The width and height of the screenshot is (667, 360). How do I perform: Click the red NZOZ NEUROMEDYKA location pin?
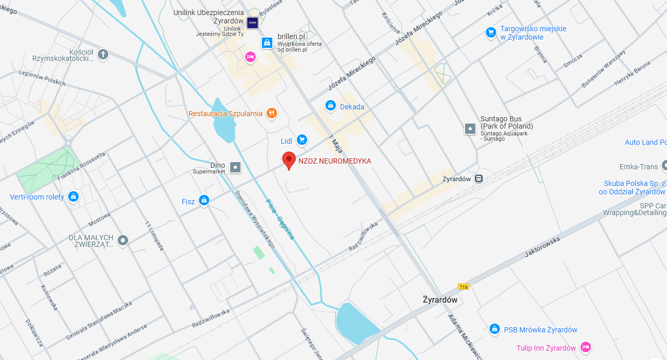tap(289, 160)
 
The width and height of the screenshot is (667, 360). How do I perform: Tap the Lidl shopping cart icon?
tap(301, 140)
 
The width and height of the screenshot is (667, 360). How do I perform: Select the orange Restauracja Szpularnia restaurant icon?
tap(271, 113)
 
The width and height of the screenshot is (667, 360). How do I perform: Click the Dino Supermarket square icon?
tap(236, 167)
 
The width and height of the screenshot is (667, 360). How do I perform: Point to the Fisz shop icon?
tap(204, 200)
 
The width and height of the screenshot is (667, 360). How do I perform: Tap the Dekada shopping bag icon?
tap(330, 106)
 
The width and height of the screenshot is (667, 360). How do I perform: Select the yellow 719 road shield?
tap(463, 287)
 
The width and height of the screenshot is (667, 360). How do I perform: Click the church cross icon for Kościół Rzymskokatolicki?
tap(103, 54)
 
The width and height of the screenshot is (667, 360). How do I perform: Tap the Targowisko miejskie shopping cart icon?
tap(490, 32)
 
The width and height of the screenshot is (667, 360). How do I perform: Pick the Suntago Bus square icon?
tap(470, 128)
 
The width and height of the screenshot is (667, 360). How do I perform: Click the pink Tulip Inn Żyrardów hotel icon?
tap(585, 347)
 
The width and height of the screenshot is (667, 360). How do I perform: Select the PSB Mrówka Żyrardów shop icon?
tap(494, 329)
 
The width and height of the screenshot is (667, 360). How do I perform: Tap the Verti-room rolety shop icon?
tap(73, 196)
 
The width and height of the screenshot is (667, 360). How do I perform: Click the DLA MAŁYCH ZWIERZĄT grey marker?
tap(123, 240)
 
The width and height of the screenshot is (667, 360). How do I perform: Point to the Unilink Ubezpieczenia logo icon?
tap(252, 23)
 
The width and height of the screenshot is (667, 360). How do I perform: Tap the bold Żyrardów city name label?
tap(440, 300)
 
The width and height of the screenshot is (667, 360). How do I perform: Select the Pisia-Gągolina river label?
tap(280, 219)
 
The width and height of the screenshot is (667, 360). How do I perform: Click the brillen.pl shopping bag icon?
tap(267, 42)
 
